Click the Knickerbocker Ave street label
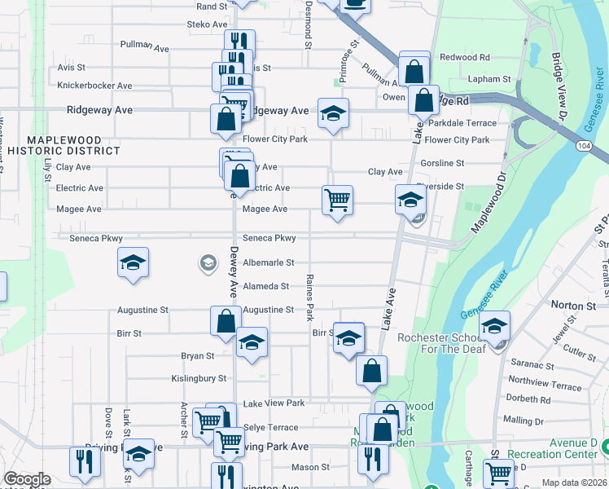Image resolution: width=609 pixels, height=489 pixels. click(94, 86)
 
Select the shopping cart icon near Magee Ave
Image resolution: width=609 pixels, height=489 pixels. click(337, 199)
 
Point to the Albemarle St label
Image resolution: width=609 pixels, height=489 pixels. click(268, 263)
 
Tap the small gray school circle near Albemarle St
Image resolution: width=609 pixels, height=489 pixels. click(208, 262)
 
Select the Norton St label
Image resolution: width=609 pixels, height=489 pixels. click(573, 306)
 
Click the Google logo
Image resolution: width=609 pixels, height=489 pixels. click(27, 479)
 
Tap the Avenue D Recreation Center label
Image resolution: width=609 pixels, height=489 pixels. click(552, 448)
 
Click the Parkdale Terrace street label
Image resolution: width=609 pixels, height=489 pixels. click(462, 123)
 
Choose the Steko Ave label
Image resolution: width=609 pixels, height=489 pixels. click(199, 25)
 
